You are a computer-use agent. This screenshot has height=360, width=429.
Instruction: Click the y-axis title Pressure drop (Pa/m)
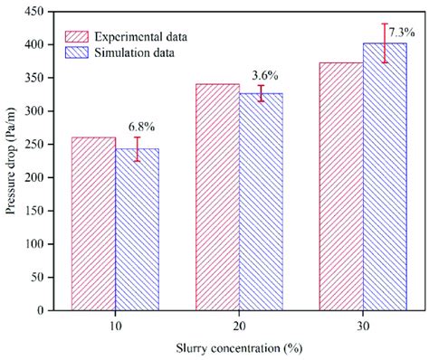[10, 160]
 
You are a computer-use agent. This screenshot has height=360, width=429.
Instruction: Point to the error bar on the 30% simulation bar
[385, 43]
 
